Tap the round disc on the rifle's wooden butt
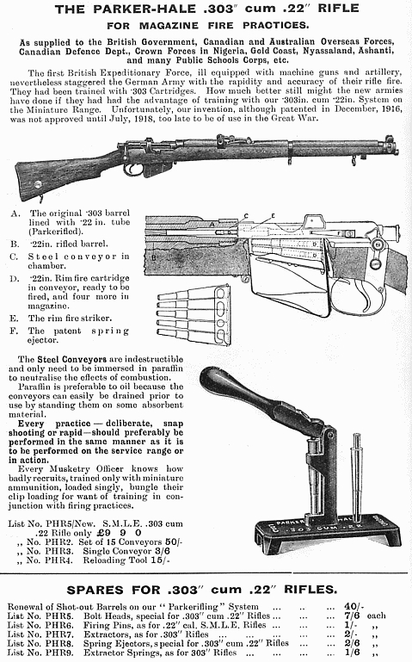[38, 184]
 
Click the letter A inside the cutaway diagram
[212, 225]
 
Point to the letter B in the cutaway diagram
[154, 257]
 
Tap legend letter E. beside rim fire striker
[15, 319]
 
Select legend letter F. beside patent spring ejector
[14, 331]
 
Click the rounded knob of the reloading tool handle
[212, 377]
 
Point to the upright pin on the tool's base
[357, 477]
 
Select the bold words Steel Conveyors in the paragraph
[71, 359]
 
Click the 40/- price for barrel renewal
[354, 607]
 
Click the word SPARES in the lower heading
[95, 590]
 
